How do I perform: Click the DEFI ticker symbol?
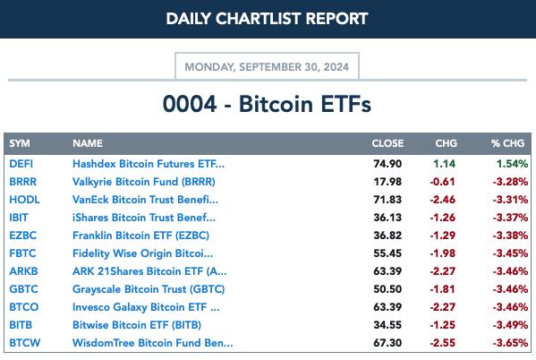(21, 164)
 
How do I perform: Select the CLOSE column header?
(387, 143)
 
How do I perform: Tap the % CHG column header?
(507, 143)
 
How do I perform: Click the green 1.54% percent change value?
(512, 164)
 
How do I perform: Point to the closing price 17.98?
(387, 182)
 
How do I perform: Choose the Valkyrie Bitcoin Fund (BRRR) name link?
(144, 182)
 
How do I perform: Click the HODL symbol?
(25, 200)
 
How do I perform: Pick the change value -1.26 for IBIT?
(443, 218)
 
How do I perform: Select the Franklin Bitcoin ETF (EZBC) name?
(140, 236)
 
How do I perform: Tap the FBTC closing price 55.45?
(387, 253)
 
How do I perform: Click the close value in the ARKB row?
(387, 271)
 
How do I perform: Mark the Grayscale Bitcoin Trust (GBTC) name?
(149, 289)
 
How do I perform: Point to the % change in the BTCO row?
(510, 307)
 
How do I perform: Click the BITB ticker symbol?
(21, 325)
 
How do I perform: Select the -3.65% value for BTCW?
(510, 343)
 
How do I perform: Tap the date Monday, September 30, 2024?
(267, 67)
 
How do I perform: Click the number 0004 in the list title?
(190, 104)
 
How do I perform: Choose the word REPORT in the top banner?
(336, 19)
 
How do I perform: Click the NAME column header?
(88, 143)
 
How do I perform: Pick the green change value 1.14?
(445, 164)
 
